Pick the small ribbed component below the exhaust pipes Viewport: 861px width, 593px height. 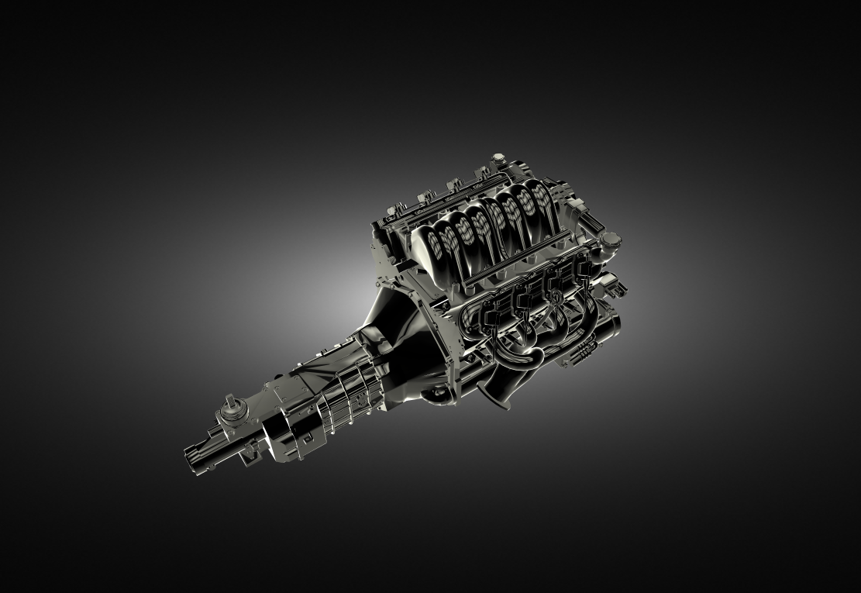click(577, 356)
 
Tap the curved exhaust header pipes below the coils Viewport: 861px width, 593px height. click(527, 341)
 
